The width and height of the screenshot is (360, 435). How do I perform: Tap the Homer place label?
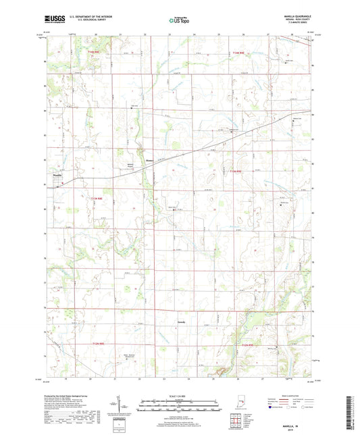pos(150,160)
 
